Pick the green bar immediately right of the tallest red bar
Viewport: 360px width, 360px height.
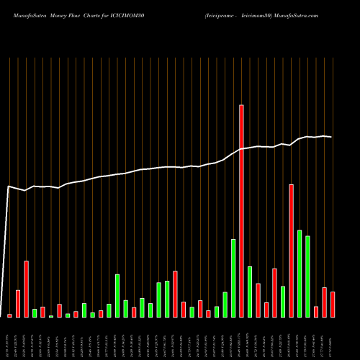coord(250,292)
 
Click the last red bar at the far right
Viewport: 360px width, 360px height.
coord(333,304)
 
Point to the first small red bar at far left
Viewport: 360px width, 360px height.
coord(9,315)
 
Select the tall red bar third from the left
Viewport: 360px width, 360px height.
coord(26,289)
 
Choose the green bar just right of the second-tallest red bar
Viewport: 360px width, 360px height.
coord(300,274)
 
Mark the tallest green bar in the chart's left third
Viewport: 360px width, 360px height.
coord(117,295)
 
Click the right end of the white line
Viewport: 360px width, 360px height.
coord(331,137)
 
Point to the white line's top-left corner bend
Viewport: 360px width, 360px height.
coord(8,186)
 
